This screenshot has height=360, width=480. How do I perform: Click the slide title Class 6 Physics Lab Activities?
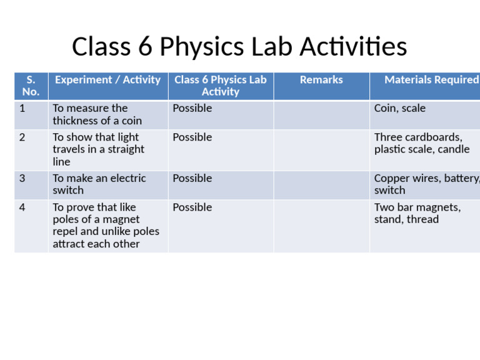[x=239, y=47]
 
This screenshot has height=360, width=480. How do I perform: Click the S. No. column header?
[x=31, y=86]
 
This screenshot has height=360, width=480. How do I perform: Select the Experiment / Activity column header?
[x=107, y=80]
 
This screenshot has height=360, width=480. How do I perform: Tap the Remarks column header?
[x=321, y=80]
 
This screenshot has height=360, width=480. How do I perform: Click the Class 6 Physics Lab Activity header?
[x=220, y=86]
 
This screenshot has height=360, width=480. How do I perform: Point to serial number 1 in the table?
[x=22, y=109]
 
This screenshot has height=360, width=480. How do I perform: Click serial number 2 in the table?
[x=22, y=137]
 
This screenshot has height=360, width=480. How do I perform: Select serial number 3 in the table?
[x=22, y=179]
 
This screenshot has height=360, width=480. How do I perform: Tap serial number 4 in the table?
[x=22, y=207]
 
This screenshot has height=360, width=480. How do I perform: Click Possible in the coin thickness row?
[x=192, y=109]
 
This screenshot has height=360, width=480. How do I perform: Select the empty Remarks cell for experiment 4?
[x=321, y=226]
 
